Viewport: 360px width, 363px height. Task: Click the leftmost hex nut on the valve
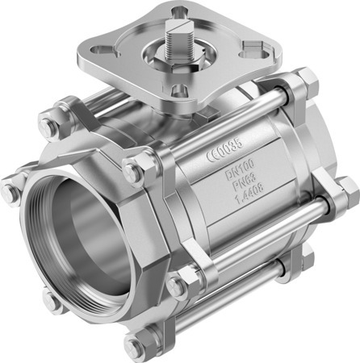point(10,193)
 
